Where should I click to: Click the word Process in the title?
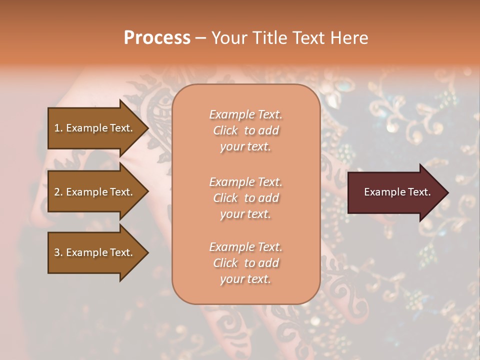(157, 38)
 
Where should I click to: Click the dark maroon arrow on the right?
(395, 192)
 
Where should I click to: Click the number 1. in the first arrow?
(58, 128)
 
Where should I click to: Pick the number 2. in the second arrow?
(58, 192)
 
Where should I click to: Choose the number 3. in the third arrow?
(58, 252)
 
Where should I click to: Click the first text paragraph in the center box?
(245, 130)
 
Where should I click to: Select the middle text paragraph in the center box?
(245, 198)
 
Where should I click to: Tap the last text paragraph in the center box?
(245, 263)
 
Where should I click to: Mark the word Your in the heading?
(229, 38)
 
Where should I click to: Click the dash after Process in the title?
(200, 38)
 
